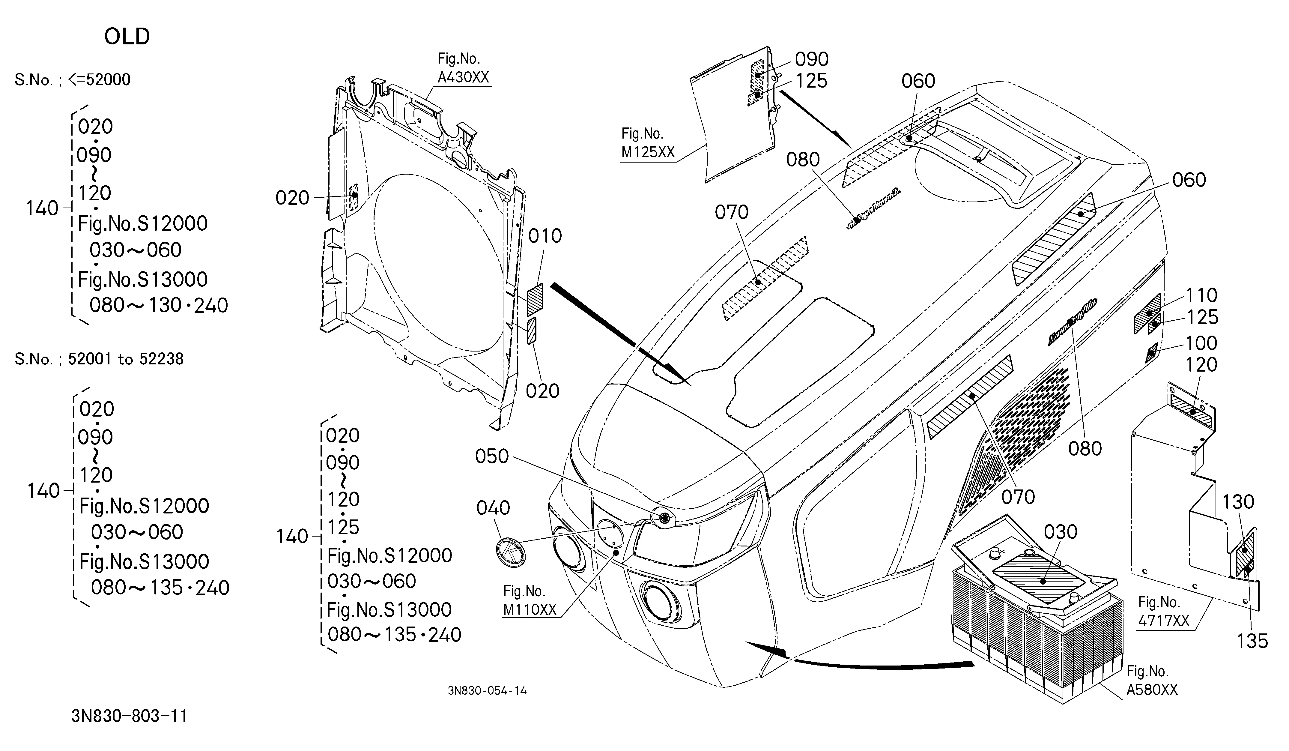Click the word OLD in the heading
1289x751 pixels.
click(x=127, y=36)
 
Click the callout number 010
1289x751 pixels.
click(x=545, y=236)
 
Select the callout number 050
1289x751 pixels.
click(x=492, y=456)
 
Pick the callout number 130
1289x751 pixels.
click(x=1238, y=502)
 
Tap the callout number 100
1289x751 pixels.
click(x=1201, y=343)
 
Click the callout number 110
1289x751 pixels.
click(x=1201, y=295)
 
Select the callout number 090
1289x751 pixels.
click(x=812, y=59)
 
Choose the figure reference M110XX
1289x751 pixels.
click(x=530, y=609)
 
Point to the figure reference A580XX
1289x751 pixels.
click(x=1152, y=690)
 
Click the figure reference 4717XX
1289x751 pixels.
click(x=1164, y=621)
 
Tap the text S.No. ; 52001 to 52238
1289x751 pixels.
click(x=99, y=359)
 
